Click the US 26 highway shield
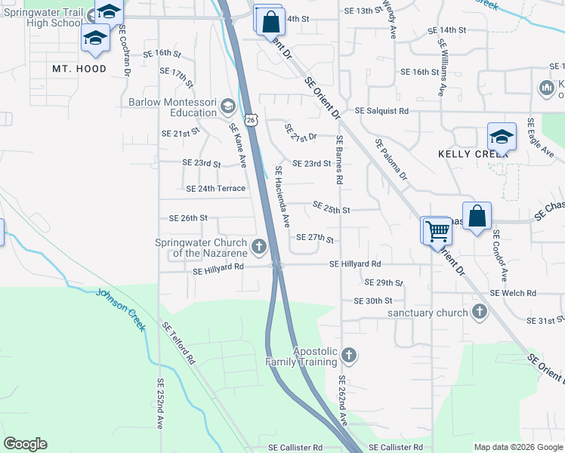pos(252,119)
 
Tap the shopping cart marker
pos(437,230)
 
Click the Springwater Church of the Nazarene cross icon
pos(259,247)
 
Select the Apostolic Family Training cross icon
pos(348,355)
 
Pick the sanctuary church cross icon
pos(479,312)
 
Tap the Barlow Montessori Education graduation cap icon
pos(227,107)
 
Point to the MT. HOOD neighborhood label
pos(79,69)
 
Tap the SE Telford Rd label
pos(178,344)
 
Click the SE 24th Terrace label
pos(215,188)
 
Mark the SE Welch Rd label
pos(513,293)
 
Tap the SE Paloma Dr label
pos(391,159)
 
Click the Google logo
pos(25,444)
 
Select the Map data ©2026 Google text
pos(518,447)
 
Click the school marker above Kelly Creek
pos(502,137)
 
